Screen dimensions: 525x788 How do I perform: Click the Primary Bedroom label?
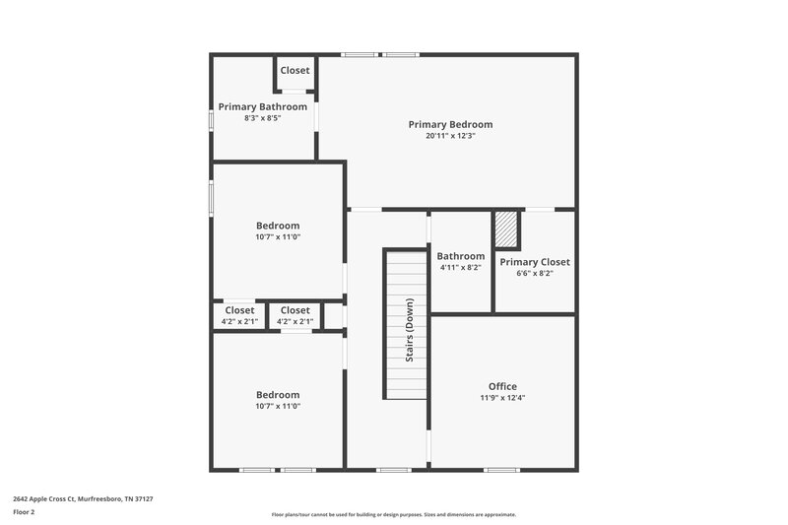click(x=450, y=125)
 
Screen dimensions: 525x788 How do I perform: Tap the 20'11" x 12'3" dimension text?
click(x=450, y=136)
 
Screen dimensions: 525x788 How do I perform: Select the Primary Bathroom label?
click(x=262, y=106)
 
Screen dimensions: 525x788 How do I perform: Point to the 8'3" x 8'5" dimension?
click(x=262, y=118)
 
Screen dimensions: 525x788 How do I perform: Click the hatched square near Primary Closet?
click(x=506, y=230)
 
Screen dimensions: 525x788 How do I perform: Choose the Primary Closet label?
click(x=534, y=262)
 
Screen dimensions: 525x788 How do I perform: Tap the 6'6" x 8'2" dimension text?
click(x=534, y=273)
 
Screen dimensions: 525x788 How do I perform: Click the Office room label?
click(x=502, y=386)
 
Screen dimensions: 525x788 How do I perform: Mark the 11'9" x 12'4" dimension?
click(x=502, y=398)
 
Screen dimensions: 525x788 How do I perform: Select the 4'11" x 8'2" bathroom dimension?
click(x=460, y=267)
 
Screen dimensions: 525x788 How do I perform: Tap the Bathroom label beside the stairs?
click(x=460, y=256)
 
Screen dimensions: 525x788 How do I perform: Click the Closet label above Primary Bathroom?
click(x=295, y=70)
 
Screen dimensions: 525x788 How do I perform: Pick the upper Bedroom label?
click(x=278, y=226)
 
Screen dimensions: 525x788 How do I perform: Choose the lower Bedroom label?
click(x=278, y=395)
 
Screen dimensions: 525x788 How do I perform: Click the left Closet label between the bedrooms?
click(x=239, y=310)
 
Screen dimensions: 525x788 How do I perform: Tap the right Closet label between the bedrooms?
click(x=295, y=310)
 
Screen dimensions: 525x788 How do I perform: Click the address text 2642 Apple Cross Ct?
click(x=83, y=498)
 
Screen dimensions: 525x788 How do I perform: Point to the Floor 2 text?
click(x=25, y=512)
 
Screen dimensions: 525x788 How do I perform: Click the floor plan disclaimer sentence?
click(x=393, y=514)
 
